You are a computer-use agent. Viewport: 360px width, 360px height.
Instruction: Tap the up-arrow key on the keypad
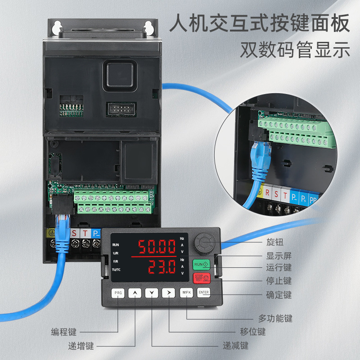tap(135, 293)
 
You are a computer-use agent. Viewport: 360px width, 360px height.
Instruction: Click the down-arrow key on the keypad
tap(152, 293)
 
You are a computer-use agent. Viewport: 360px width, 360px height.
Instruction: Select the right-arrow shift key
tap(169, 293)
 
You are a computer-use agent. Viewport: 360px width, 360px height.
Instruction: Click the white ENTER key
tap(204, 292)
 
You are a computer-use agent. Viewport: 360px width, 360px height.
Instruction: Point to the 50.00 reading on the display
tap(156, 247)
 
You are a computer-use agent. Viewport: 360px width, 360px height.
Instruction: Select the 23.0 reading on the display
tap(156, 267)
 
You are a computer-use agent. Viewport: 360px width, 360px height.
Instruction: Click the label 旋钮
tap(275, 242)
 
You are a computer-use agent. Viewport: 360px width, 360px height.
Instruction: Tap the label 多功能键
tap(275, 319)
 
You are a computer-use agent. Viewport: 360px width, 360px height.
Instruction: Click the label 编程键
tap(63, 332)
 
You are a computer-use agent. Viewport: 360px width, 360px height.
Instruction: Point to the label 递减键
tap(236, 346)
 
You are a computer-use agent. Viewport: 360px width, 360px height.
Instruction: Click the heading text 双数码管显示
tap(295, 50)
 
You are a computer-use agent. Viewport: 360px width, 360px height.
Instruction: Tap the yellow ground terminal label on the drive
tap(52, 234)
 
